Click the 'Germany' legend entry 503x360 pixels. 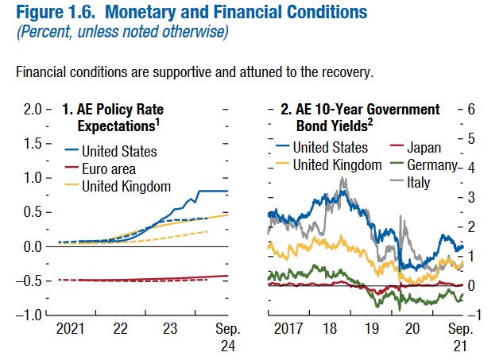click(x=430, y=165)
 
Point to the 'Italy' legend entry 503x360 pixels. click(x=418, y=183)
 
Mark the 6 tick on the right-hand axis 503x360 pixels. click(x=470, y=109)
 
